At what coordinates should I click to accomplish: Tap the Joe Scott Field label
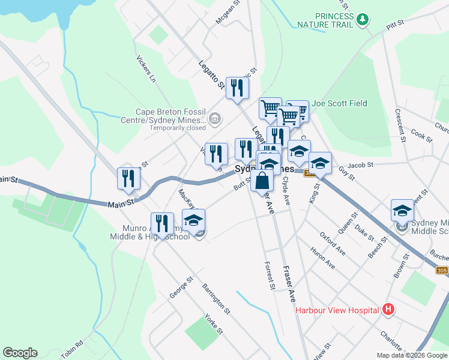[339, 103]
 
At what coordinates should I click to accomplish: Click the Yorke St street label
[214, 324]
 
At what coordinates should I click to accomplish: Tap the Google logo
[20, 353]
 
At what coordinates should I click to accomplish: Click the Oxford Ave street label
[333, 242]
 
